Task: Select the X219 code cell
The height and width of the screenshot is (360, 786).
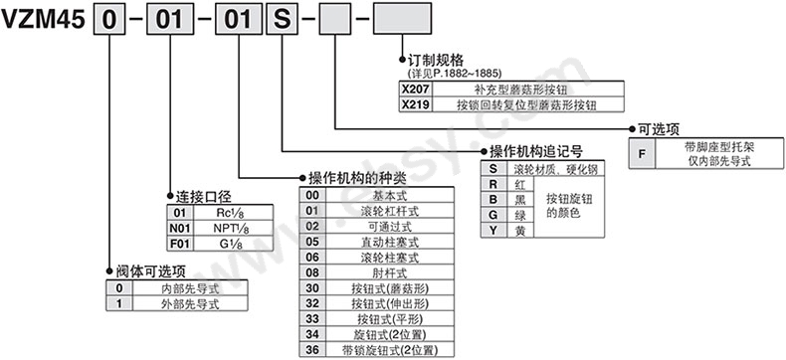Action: tap(412, 103)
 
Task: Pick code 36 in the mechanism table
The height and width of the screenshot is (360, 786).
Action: tap(312, 350)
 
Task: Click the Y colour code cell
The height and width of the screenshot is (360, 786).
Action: tap(491, 231)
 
